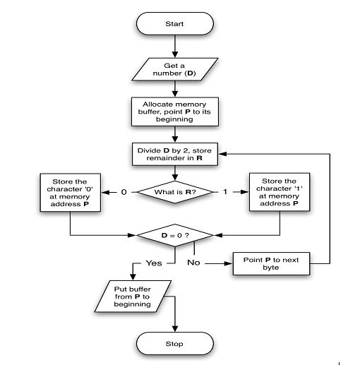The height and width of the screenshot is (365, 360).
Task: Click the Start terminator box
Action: [x=174, y=24]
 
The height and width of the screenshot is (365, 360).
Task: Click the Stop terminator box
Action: [x=174, y=344]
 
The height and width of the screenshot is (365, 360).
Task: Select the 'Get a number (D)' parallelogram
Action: [x=174, y=70]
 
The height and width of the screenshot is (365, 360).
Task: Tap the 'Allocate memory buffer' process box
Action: [x=174, y=112]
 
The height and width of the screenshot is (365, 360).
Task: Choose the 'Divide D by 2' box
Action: [x=174, y=153]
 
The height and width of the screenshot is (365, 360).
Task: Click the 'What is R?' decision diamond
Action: [x=174, y=191]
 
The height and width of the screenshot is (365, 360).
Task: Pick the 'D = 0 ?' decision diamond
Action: [x=174, y=233]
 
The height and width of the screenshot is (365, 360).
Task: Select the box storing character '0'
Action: [x=68, y=192]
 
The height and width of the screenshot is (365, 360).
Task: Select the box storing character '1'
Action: [x=281, y=192]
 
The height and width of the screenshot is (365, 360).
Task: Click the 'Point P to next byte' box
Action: [x=276, y=265]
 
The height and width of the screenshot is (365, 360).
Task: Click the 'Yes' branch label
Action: [x=154, y=262]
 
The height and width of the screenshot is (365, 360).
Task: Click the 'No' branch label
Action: [x=194, y=262]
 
